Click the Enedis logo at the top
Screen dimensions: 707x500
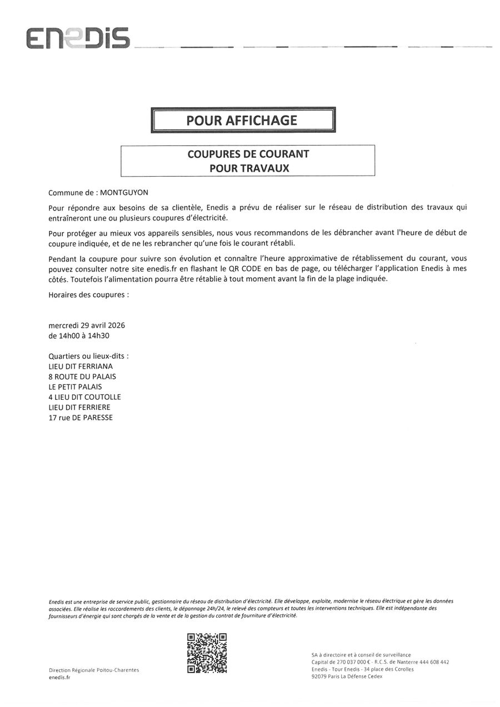pyautogui.click(x=78, y=38)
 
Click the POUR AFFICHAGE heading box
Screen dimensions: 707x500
pyautogui.click(x=243, y=120)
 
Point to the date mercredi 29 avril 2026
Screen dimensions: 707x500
pyautogui.click(x=87, y=325)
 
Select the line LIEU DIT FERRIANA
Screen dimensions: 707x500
pyautogui.click(x=81, y=367)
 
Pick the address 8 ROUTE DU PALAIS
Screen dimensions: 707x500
pyautogui.click(x=82, y=377)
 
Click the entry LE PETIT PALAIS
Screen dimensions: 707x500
pyautogui.click(x=76, y=387)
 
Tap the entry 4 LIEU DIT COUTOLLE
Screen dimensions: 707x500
pyautogui.click(x=84, y=397)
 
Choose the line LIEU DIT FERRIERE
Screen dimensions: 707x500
pyautogui.click(x=79, y=407)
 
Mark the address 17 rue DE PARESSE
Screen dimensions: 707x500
pyautogui.click(x=81, y=417)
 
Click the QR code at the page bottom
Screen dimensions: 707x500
pyautogui.click(x=207, y=653)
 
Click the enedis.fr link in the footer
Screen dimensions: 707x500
pyautogui.click(x=59, y=678)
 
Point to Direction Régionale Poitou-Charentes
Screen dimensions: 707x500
pyautogui.click(x=94, y=670)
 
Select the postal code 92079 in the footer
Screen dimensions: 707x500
pyautogui.click(x=320, y=676)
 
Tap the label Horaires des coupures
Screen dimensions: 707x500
pyautogui.click(x=88, y=295)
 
